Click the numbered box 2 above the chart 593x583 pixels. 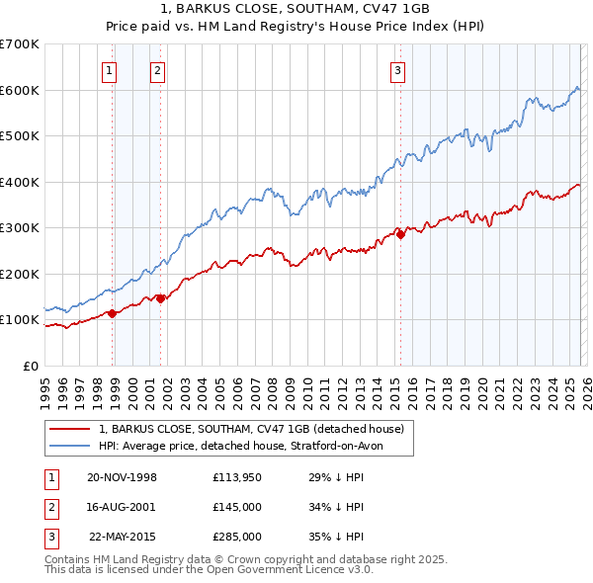point(156,70)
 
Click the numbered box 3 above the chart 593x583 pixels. point(396,70)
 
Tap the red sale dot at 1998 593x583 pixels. point(113,313)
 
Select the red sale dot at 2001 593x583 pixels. point(160,298)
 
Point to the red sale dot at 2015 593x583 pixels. point(400,234)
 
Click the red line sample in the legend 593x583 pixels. point(70,430)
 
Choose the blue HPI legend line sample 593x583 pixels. point(70,447)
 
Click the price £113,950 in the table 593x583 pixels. point(236,477)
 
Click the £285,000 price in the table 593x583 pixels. point(236,537)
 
